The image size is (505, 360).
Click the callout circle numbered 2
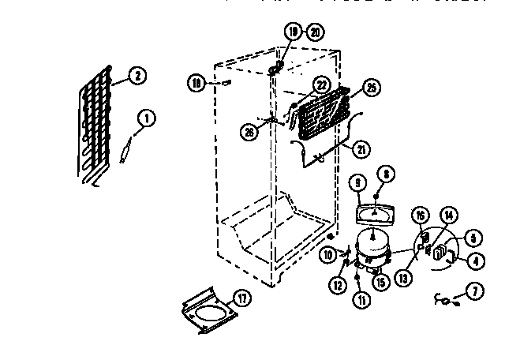[137, 76]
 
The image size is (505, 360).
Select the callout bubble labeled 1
[146, 118]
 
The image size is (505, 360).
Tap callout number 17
[242, 298]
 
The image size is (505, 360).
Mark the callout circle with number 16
[421, 215]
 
